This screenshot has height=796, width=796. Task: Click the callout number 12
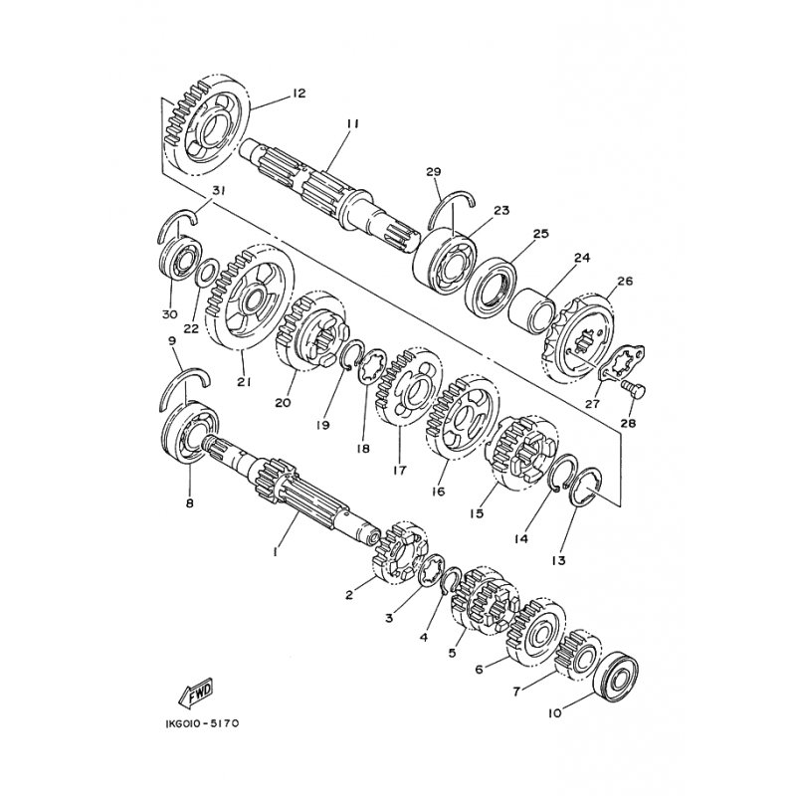pyautogui.click(x=298, y=94)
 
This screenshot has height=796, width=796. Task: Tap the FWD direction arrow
pyautogui.click(x=196, y=693)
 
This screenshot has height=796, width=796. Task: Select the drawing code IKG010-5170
pyautogui.click(x=202, y=723)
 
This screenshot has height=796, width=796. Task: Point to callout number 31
pyautogui.click(x=218, y=191)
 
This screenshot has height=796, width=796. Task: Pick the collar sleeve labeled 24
pyautogui.click(x=532, y=311)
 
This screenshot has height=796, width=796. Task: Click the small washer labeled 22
pyautogui.click(x=207, y=272)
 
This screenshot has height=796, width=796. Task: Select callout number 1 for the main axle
pyautogui.click(x=275, y=552)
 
